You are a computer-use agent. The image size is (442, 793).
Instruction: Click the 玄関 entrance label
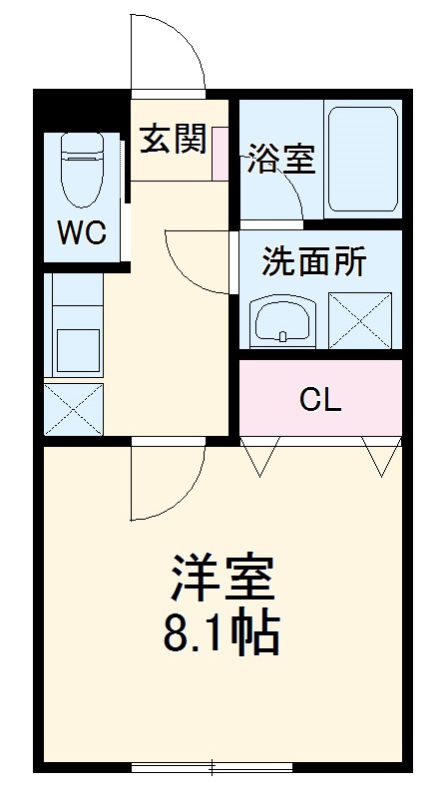click(x=172, y=140)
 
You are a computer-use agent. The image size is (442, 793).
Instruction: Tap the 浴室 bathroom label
click(x=282, y=160)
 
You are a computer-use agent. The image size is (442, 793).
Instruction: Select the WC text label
click(x=81, y=233)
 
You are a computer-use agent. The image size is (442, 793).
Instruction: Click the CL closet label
click(x=320, y=400)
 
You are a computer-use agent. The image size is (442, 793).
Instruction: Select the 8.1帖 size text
click(x=221, y=631)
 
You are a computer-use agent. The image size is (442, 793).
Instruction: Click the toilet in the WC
click(x=82, y=165)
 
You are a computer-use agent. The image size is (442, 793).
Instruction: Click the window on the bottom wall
click(x=212, y=767)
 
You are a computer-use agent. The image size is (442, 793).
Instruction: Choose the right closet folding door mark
click(x=380, y=456)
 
